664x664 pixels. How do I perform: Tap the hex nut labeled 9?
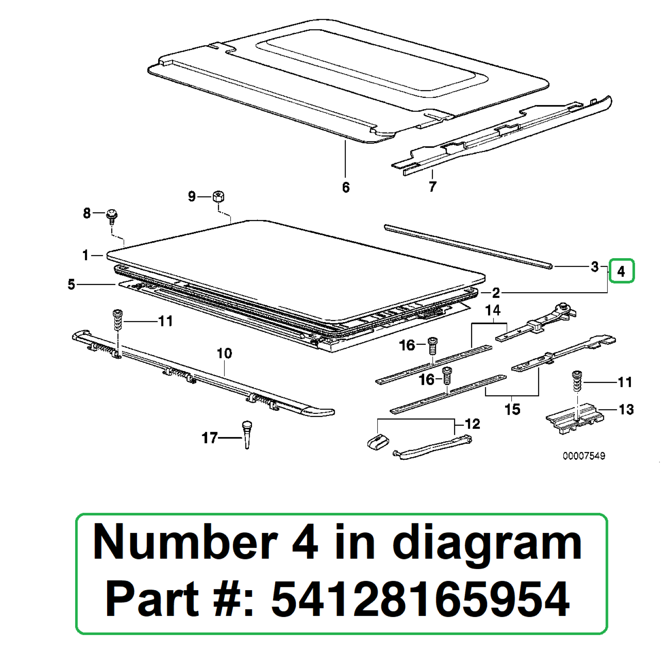218,196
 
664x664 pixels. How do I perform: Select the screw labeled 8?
112,215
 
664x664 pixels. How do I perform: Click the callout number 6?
346,188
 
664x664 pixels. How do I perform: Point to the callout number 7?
432,187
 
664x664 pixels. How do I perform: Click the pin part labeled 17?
247,434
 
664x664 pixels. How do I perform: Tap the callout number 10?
224,353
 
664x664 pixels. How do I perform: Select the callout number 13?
626,410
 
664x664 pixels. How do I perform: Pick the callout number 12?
472,424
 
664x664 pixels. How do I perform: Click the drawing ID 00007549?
583,456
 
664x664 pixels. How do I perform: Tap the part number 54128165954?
420,598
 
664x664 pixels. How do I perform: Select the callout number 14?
493,310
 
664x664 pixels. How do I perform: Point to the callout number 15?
512,409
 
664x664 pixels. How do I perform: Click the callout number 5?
71,284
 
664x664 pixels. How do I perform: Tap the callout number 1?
85,255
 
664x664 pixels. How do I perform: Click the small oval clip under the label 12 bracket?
378,442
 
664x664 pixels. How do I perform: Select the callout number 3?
594,266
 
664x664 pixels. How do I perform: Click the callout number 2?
496,293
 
